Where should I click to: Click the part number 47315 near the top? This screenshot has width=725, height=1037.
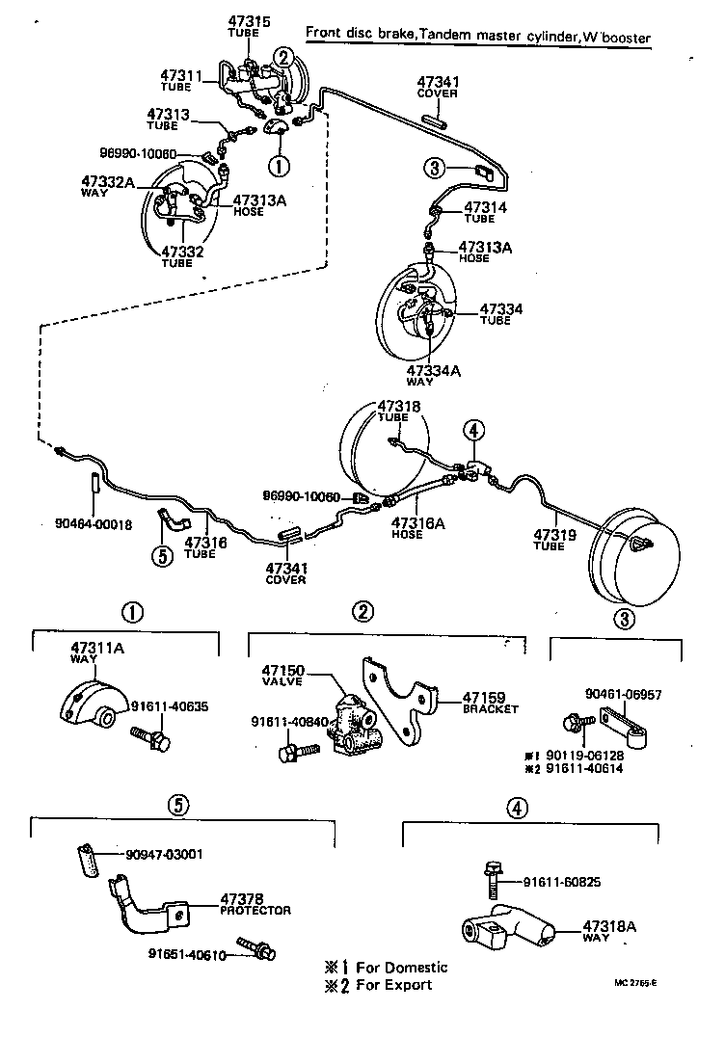tap(249, 22)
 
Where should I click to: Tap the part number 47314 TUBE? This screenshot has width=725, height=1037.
tap(485, 211)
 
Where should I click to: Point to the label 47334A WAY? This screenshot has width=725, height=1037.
tap(433, 374)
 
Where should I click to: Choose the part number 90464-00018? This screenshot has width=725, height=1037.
tap(93, 524)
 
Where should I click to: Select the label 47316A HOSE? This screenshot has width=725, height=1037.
tap(417, 528)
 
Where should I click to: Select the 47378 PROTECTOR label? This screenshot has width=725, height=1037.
tap(255, 903)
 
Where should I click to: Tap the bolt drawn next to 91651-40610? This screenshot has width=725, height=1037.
tap(258, 949)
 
